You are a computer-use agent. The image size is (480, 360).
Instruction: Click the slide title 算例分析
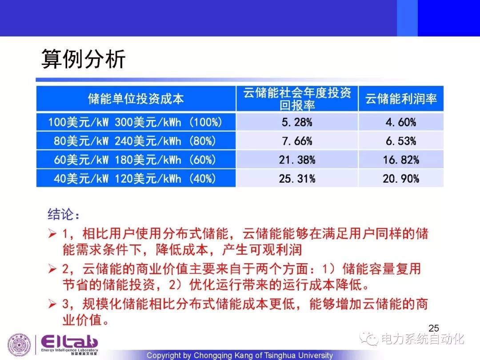(x=83, y=59)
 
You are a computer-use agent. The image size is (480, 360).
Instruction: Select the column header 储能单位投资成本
(x=136, y=99)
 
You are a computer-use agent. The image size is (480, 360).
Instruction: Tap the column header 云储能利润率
(x=401, y=99)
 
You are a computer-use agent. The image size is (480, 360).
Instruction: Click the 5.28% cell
(x=297, y=123)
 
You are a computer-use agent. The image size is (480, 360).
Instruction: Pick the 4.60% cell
(x=401, y=123)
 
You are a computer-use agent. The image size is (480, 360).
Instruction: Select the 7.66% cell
(x=297, y=141)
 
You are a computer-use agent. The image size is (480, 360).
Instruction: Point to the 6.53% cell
(x=401, y=141)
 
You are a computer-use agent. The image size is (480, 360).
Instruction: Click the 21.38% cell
(x=297, y=160)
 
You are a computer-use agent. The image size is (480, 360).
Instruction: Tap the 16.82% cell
(x=401, y=160)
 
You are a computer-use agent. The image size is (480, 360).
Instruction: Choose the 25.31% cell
(x=297, y=179)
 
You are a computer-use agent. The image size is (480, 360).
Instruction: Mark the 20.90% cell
(x=401, y=179)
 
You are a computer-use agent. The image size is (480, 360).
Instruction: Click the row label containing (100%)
(x=135, y=123)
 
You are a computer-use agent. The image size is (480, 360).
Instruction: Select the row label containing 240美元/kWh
(x=135, y=141)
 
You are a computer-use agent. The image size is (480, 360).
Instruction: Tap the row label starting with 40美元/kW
(x=135, y=179)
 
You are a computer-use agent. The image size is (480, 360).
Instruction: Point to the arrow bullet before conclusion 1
(x=52, y=234)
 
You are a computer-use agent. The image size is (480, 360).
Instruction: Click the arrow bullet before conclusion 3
(x=52, y=304)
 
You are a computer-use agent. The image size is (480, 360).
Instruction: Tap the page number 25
(x=434, y=328)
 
